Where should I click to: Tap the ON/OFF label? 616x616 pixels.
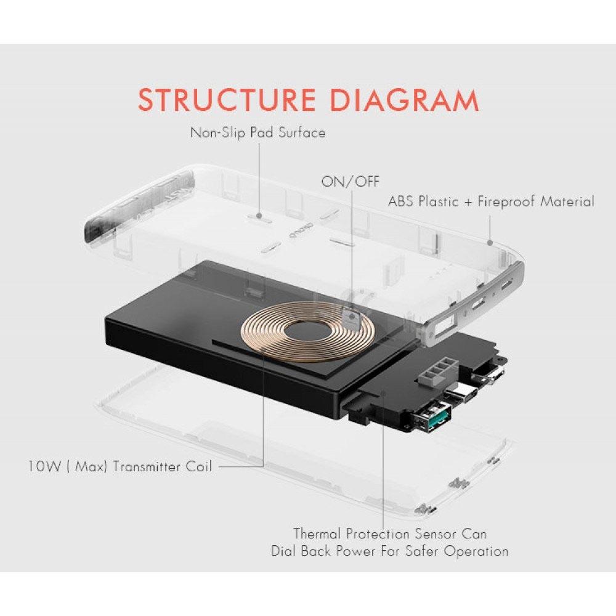[x=351, y=181]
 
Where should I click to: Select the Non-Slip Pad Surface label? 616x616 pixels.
[x=257, y=132]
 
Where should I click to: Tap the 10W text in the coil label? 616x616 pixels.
[x=44, y=466]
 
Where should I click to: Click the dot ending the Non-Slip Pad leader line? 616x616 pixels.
[x=259, y=216]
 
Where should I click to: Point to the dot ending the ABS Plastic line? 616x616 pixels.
[x=490, y=241]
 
